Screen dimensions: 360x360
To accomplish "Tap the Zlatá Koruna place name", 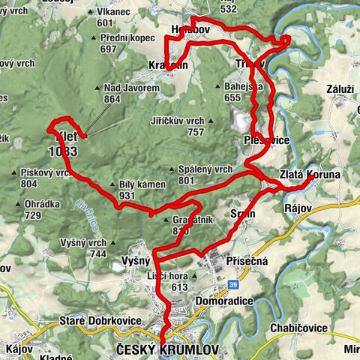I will [310, 174].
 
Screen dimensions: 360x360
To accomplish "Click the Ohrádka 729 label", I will [42, 210].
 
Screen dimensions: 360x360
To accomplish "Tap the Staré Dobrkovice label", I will [100, 321].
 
